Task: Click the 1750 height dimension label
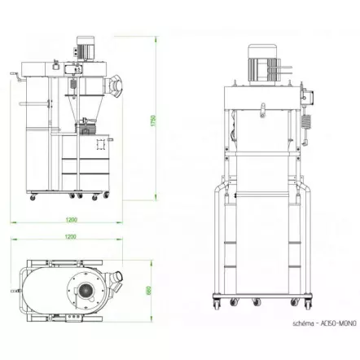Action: (x=153, y=121)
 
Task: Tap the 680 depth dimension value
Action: (x=148, y=291)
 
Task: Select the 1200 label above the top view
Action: (x=71, y=237)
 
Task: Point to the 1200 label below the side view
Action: (x=71, y=220)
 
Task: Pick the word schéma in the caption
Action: (x=302, y=323)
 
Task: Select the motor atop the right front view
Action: (x=263, y=65)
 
